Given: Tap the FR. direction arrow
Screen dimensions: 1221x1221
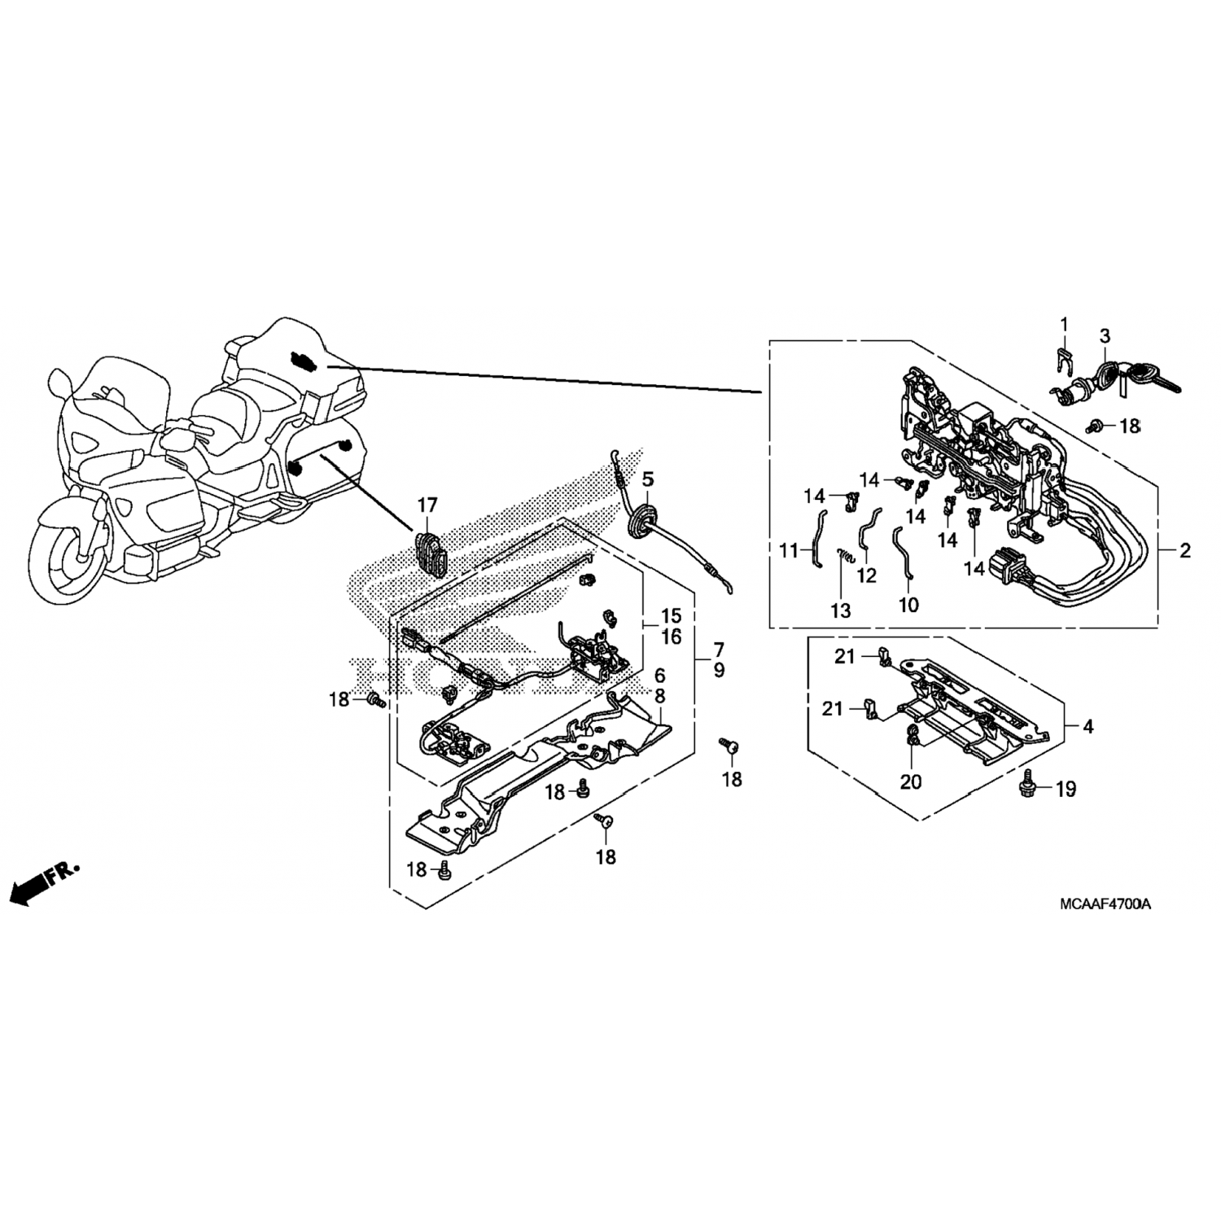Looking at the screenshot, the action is tap(44, 884).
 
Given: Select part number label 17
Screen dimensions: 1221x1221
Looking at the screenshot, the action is tap(427, 506).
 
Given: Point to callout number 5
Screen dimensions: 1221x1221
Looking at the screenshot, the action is tap(647, 479).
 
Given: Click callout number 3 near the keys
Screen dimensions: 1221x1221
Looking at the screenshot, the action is tap(1105, 335).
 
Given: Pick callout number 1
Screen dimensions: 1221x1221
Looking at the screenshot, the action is tap(1062, 325).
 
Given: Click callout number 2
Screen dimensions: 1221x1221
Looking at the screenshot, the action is tap(1185, 551).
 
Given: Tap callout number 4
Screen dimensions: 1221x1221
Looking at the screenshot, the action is tap(1089, 726).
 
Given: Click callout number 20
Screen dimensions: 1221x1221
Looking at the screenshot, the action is tap(911, 781).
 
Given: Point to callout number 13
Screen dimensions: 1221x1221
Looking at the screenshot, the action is tap(840, 610).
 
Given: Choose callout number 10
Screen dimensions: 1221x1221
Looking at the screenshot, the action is tap(908, 605).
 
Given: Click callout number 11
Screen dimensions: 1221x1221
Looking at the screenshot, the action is tap(789, 551).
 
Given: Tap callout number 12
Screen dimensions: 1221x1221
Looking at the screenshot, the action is tap(867, 575).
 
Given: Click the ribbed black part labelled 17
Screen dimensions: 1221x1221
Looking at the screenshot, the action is tap(431, 554).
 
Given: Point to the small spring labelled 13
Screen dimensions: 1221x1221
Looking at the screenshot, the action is tap(844, 556).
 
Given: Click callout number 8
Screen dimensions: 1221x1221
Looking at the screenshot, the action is tap(659, 696).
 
